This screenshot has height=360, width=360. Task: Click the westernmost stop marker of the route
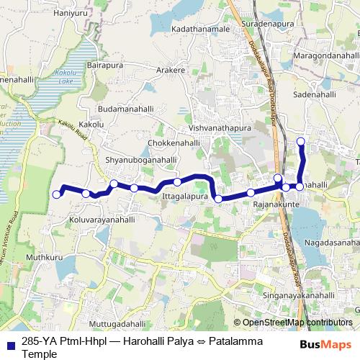[57, 194]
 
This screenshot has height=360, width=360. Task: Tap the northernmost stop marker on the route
[301, 141]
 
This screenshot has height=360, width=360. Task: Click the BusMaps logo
[330, 344]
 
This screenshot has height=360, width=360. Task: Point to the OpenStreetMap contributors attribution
[297, 324]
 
